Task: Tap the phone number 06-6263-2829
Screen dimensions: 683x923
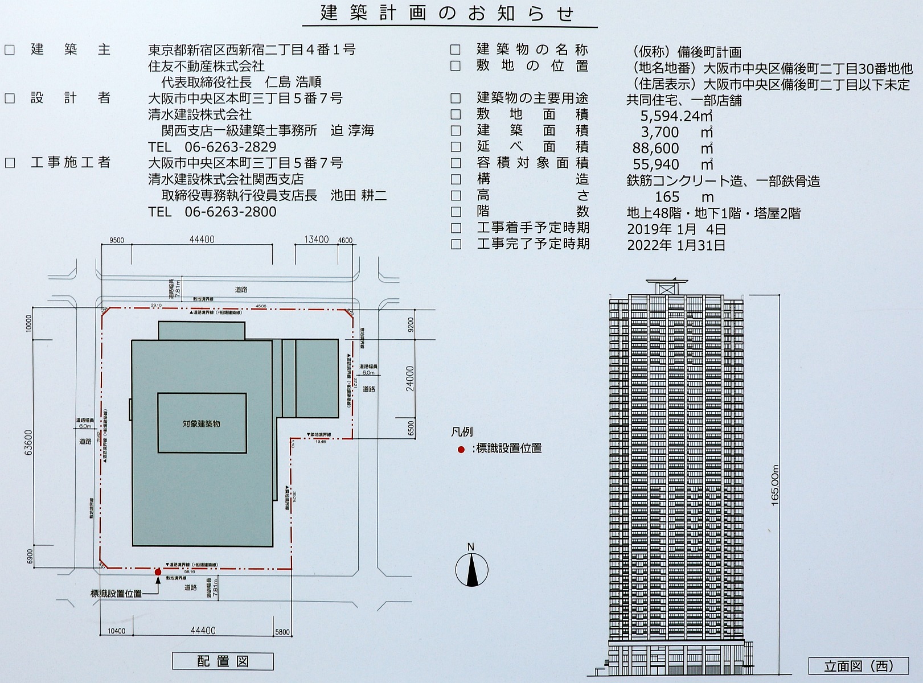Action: pos(231,147)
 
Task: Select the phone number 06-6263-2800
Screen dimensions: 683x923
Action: pos(231,212)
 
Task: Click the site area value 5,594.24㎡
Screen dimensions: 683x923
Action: pos(676,116)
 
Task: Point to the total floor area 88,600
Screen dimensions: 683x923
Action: pos(655,149)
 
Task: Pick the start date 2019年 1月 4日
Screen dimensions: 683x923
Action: pos(676,229)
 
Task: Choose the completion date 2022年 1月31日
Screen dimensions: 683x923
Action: pos(676,245)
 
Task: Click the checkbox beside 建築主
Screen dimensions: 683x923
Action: pos(10,50)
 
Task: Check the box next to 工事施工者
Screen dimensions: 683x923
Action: pos(10,163)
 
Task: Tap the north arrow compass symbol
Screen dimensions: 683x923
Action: pos(471,569)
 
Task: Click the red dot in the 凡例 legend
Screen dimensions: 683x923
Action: pos(461,449)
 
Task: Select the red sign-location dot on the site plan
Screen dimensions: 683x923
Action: pos(158,571)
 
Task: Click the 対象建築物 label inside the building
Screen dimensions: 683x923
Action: pos(202,423)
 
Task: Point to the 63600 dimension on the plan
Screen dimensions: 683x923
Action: pos(29,442)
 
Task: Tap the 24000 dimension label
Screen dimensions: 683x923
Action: pos(411,378)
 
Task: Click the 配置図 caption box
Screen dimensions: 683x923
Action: pos(223,661)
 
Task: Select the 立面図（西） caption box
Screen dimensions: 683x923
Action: pos(859,666)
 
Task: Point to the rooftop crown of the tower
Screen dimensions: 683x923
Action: pos(667,286)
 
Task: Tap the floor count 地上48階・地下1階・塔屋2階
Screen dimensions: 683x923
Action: pos(713,213)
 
